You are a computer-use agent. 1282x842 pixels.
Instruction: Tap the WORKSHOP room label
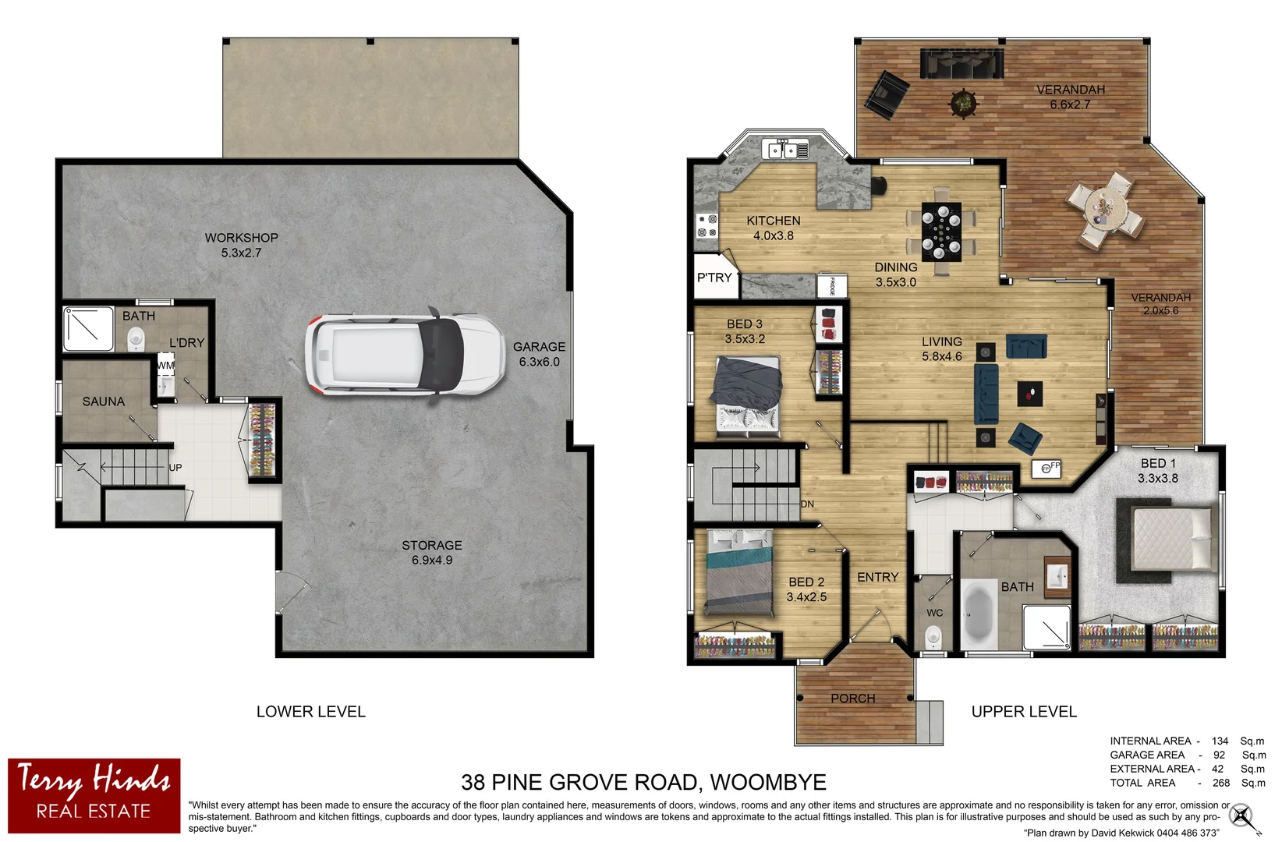tap(241, 238)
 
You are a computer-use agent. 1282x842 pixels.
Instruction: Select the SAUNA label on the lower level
tap(104, 402)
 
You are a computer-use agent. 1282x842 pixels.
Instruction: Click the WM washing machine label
tap(165, 365)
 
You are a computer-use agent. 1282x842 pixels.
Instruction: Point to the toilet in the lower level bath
tap(136, 338)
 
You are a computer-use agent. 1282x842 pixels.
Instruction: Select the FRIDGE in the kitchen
tap(831, 285)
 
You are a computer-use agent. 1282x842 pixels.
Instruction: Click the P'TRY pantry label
tap(714, 278)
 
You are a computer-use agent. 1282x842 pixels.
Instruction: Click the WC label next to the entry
tap(934, 613)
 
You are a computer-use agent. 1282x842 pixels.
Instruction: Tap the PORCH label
tap(852, 699)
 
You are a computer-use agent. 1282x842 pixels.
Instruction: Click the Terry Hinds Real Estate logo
tap(94, 795)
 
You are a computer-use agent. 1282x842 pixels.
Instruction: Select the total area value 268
tap(1220, 783)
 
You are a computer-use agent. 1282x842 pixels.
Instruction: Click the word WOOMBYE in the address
tap(768, 782)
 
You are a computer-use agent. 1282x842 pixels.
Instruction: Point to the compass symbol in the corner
tap(1242, 817)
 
